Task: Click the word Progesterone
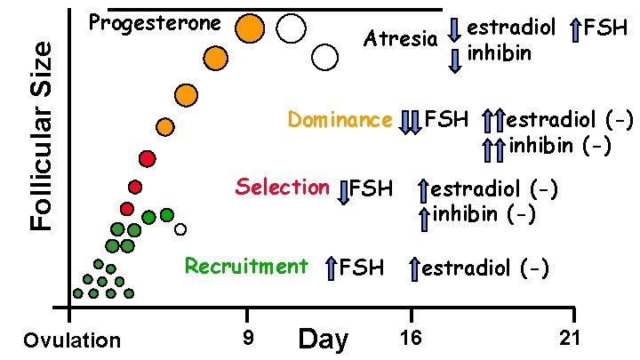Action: [156, 22]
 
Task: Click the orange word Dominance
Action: [340, 120]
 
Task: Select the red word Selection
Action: [283, 187]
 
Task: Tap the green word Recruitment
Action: [246, 266]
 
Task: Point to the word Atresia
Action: [401, 38]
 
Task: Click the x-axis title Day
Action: [324, 339]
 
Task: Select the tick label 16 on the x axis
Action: [410, 337]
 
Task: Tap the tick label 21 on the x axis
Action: [570, 337]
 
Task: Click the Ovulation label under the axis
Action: [72, 340]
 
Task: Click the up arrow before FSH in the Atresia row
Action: [575, 30]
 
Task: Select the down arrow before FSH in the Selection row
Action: [344, 191]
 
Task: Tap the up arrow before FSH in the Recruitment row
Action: [331, 268]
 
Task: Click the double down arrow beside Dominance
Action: [410, 121]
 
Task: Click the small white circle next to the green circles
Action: [180, 229]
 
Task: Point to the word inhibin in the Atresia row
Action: [499, 53]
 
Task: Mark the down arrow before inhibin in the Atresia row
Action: [454, 59]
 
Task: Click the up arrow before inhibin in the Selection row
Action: [424, 214]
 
